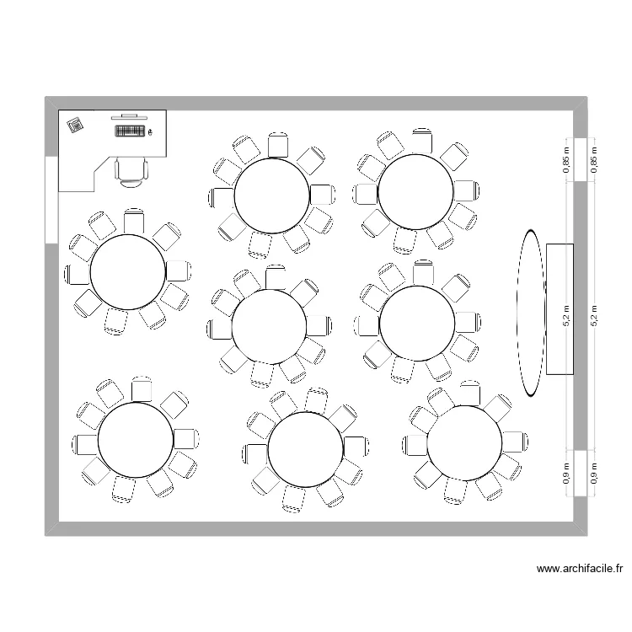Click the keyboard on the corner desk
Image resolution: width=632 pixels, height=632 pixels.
tap(128, 131)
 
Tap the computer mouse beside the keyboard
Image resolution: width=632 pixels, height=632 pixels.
tap(151, 131)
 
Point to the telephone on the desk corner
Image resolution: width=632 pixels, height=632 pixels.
tap(75, 125)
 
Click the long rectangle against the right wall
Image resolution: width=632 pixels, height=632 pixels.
tap(560, 308)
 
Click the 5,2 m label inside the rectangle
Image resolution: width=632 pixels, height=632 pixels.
tap(567, 315)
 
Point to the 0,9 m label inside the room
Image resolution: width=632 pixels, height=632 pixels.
tap(567, 474)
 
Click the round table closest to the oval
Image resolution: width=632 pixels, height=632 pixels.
tap(417, 322)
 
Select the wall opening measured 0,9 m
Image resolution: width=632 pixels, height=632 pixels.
tap(581, 474)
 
